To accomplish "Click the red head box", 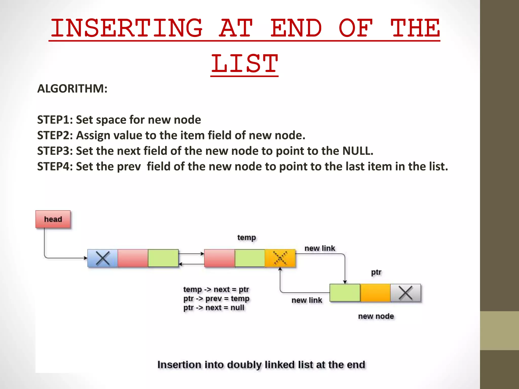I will click(53, 219).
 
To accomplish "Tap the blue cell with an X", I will click(103, 258).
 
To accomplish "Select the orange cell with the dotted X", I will click(280, 258).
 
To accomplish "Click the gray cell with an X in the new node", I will click(405, 293).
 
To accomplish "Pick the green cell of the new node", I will click(345, 293).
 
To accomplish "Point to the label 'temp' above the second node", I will click(247, 238).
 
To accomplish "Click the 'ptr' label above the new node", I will click(376, 272).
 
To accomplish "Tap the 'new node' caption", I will click(376, 316).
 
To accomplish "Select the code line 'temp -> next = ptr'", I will click(216, 289).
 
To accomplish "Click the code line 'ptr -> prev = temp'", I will click(216, 298).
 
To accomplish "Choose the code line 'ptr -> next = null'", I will click(214, 307).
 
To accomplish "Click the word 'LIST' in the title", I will click(245, 63).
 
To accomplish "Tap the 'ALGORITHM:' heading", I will click(72, 89).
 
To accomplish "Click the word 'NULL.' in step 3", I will click(358, 151).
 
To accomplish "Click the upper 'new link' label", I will click(320, 248).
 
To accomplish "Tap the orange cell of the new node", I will click(375, 293).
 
